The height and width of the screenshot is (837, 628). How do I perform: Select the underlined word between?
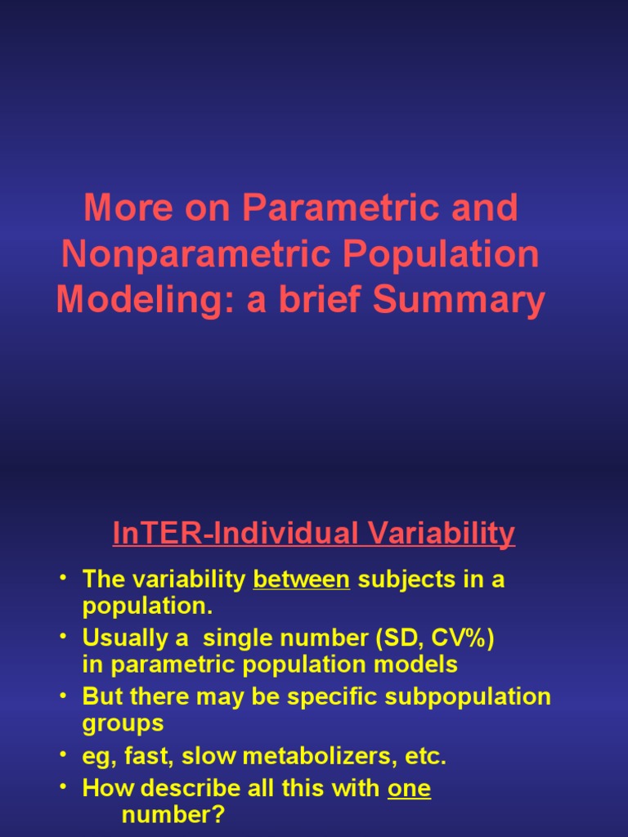click(x=302, y=580)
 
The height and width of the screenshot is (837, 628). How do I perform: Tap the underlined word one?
click(x=409, y=789)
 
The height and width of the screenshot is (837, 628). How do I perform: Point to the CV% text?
click(x=457, y=638)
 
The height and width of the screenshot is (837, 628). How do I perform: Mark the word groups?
click(x=123, y=723)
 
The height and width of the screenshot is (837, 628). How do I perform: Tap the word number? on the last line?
click(x=173, y=815)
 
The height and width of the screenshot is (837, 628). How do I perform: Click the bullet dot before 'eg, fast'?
click(x=64, y=755)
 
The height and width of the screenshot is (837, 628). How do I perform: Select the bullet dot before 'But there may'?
click(x=64, y=696)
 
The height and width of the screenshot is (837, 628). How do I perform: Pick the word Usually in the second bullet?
click(x=123, y=638)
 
